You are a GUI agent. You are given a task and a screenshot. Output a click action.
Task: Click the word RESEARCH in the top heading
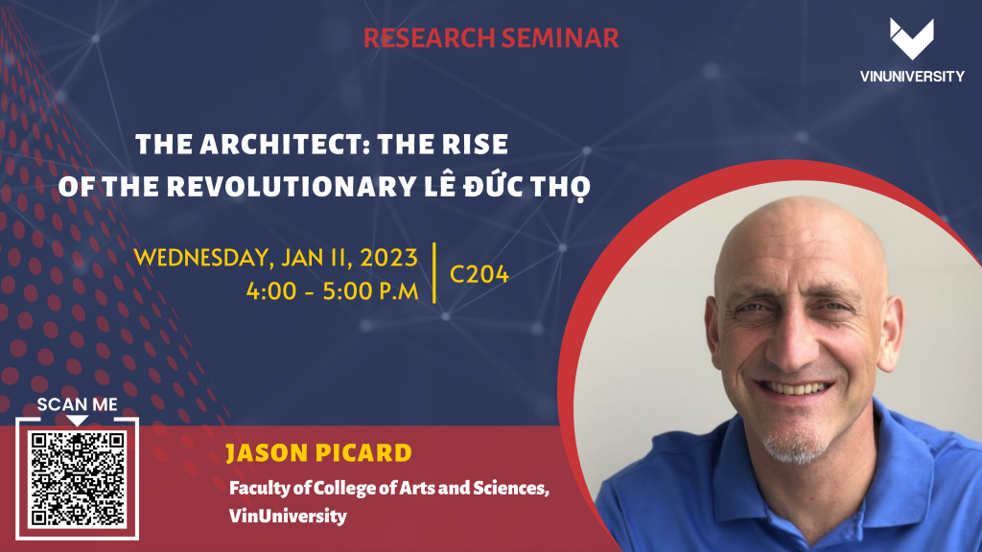(x=429, y=38)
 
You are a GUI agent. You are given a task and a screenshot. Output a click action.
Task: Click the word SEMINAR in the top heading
(x=560, y=38)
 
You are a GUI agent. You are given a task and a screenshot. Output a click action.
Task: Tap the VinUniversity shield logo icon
(x=912, y=38)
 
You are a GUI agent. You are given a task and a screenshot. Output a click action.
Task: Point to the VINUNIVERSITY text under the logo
(x=912, y=77)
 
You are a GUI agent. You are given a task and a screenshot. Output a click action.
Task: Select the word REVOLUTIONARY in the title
(x=292, y=186)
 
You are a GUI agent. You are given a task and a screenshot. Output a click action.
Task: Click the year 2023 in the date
(x=388, y=258)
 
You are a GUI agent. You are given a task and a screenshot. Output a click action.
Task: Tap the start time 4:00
(x=271, y=291)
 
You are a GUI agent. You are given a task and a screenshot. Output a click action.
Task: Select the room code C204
(x=479, y=274)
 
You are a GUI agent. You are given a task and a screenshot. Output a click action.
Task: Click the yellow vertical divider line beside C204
(x=434, y=273)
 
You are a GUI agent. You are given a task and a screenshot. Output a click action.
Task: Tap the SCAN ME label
(x=77, y=404)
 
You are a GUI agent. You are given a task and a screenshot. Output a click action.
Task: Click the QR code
(x=78, y=479)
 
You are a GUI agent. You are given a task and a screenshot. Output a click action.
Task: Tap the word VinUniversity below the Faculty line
(x=288, y=516)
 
